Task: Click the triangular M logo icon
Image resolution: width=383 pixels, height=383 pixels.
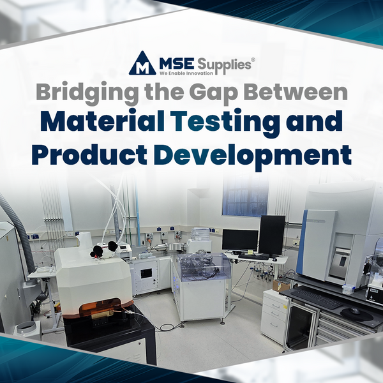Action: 142,64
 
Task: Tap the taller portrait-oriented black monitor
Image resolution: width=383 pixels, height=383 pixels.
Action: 272,234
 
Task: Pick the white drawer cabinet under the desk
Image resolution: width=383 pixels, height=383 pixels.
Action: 275,316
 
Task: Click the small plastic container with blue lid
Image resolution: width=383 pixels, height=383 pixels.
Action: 347,289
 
